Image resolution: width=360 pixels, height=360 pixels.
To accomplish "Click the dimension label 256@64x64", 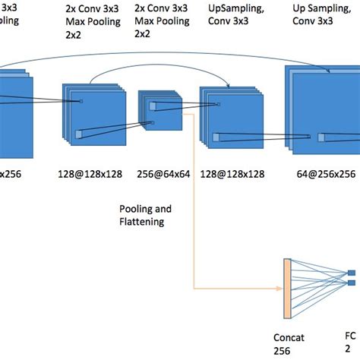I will [x=163, y=173].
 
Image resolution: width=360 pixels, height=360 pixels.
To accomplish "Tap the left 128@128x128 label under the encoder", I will [x=89, y=173].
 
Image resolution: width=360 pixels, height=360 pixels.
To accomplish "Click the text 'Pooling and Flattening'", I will [x=145, y=214].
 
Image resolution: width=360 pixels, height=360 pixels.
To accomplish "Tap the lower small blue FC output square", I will [x=352, y=283].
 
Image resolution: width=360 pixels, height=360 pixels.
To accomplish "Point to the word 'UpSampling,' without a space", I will [x=236, y=10].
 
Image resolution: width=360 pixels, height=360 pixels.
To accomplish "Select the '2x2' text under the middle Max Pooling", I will [x=144, y=34].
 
